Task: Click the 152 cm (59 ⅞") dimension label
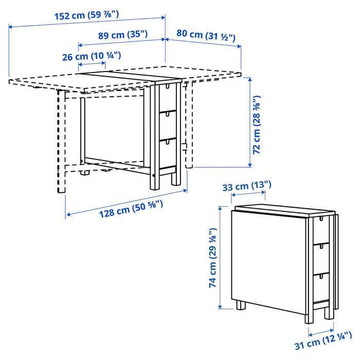point(86,15)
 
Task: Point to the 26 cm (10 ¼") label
point(92,56)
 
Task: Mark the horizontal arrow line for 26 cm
point(92,65)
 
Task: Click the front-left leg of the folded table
point(241,305)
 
